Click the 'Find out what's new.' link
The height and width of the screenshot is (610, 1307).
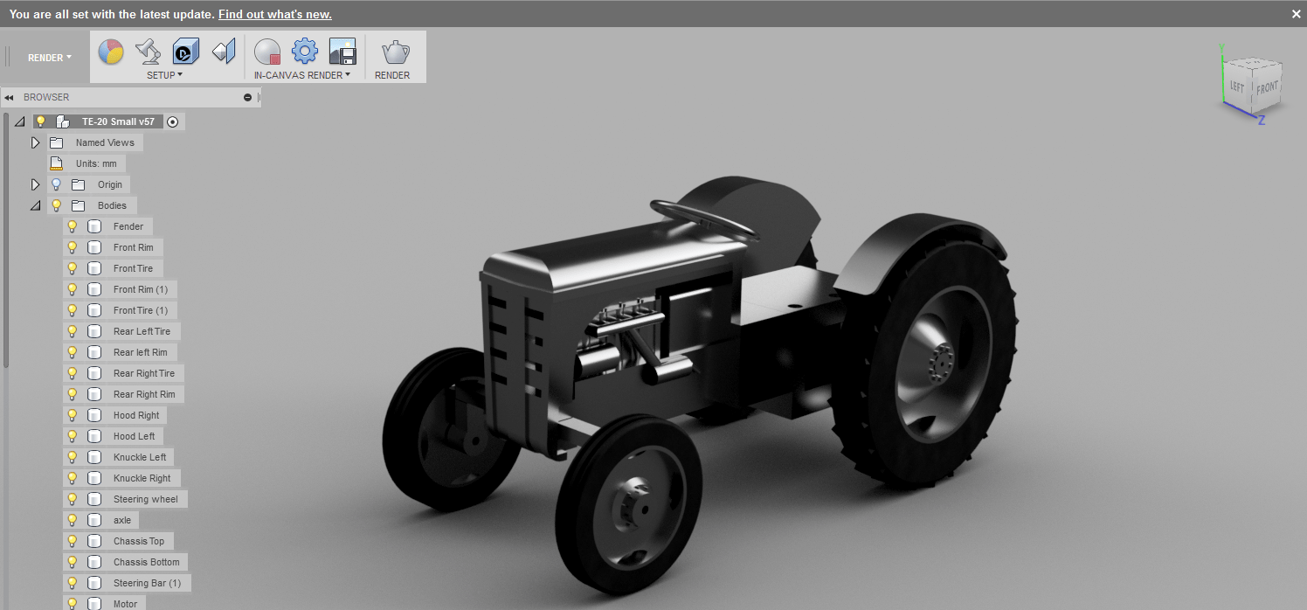(x=274, y=14)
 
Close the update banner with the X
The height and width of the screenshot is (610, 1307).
(x=1297, y=14)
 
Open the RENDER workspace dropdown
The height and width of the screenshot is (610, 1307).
(x=50, y=58)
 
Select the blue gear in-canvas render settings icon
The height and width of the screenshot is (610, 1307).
(x=304, y=52)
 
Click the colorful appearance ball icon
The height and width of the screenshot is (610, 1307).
(x=110, y=52)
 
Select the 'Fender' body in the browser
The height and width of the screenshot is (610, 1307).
(x=128, y=226)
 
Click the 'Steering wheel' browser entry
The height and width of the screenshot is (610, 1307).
(x=145, y=499)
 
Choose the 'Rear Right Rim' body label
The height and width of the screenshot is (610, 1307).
(x=143, y=394)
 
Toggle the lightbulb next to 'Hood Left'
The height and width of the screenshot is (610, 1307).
(x=73, y=436)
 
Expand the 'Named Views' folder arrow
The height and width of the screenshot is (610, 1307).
(x=36, y=142)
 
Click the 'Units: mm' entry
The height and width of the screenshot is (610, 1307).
(x=96, y=163)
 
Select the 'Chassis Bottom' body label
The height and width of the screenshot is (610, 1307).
(x=146, y=562)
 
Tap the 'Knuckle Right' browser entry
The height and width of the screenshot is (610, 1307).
(x=142, y=478)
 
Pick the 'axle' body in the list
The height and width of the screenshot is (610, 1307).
(x=122, y=520)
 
